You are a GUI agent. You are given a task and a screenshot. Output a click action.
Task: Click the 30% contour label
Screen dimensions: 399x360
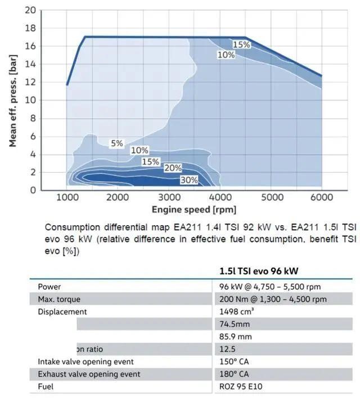[x=189, y=180]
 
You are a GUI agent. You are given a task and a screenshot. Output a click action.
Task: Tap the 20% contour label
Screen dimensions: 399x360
[x=173, y=168]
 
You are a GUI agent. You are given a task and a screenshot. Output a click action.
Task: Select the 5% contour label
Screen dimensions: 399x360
[x=116, y=144]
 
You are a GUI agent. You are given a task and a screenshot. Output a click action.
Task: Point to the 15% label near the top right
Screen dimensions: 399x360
[x=241, y=44]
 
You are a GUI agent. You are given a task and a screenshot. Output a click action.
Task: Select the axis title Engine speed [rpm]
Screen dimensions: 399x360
[x=194, y=209]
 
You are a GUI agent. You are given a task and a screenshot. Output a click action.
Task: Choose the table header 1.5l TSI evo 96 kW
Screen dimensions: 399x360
[x=259, y=271]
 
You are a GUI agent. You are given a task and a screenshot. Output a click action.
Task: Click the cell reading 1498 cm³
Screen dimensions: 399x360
[x=236, y=311]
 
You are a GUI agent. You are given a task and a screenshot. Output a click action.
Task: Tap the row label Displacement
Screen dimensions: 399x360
[x=62, y=311]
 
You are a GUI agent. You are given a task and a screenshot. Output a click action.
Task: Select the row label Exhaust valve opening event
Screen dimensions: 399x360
[x=89, y=374]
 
